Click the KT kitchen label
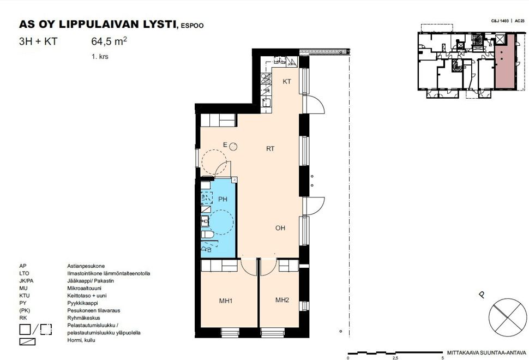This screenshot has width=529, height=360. click(x=287, y=81)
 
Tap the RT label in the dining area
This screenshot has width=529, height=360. click(x=270, y=148)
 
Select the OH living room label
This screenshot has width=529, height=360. click(x=280, y=228)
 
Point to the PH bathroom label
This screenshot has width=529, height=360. click(x=223, y=200)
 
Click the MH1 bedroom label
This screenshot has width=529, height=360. click(x=226, y=301)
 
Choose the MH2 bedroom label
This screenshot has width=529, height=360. click(x=282, y=300)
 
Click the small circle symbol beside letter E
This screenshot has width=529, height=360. click(x=233, y=146)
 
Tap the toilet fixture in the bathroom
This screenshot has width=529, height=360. click(x=207, y=235)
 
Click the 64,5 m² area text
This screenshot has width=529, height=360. click(x=109, y=41)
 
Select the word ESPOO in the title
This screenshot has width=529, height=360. click(x=193, y=26)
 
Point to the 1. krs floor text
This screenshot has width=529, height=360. click(x=100, y=57)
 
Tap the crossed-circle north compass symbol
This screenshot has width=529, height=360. click(x=507, y=317)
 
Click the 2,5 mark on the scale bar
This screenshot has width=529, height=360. click(x=395, y=358)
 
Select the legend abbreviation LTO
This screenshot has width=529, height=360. click(x=24, y=274)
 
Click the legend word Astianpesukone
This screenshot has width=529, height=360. click(x=86, y=266)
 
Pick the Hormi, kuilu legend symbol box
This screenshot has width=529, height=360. click(x=27, y=341)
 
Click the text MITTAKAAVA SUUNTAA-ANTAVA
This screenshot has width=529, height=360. click(x=486, y=353)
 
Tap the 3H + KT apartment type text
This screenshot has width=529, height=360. click(x=38, y=41)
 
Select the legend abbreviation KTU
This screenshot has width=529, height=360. click(x=25, y=296)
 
